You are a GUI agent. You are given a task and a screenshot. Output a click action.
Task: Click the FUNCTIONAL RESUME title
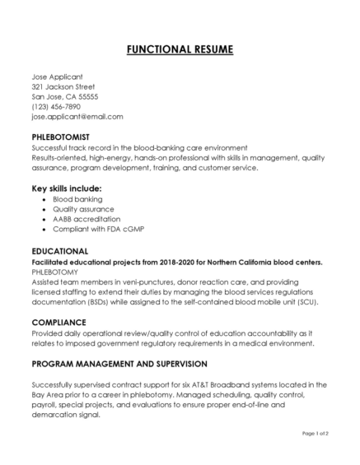coord(180,50)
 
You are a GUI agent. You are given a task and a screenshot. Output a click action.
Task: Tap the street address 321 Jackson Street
coord(63,86)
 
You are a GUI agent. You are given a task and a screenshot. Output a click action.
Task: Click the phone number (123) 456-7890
coord(56,106)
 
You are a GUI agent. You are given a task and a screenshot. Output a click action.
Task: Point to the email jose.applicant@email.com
coord(77,117)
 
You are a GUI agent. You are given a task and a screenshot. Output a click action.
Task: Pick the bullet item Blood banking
coord(77,199)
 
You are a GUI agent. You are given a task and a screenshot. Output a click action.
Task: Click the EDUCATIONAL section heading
coord(59,250)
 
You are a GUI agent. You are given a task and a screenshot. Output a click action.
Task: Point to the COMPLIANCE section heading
coord(58,322)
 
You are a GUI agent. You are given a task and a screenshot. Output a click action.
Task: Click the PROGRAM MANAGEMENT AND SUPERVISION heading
coord(119,363)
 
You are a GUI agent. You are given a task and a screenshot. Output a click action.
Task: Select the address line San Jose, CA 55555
coord(64,96)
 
